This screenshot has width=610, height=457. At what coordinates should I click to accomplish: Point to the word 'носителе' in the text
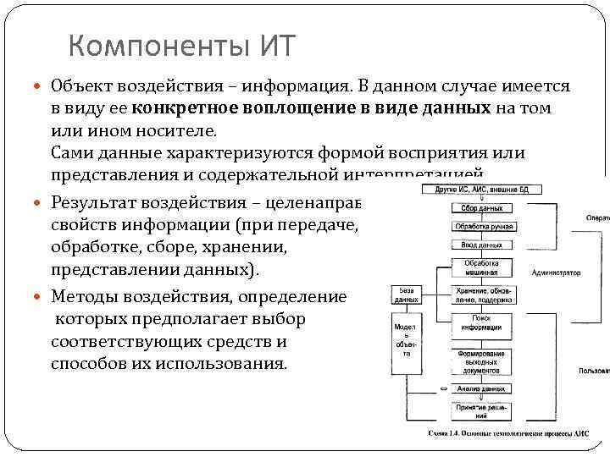[x=184, y=131]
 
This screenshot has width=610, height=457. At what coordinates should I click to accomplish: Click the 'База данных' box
[x=405, y=295]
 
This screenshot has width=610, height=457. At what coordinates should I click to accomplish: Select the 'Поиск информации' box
[x=480, y=322]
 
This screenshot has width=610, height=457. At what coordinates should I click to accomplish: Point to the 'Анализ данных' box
[x=480, y=388]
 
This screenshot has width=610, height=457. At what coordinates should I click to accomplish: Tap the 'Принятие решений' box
[x=480, y=411]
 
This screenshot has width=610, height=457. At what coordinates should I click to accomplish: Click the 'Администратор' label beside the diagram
[x=556, y=273]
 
